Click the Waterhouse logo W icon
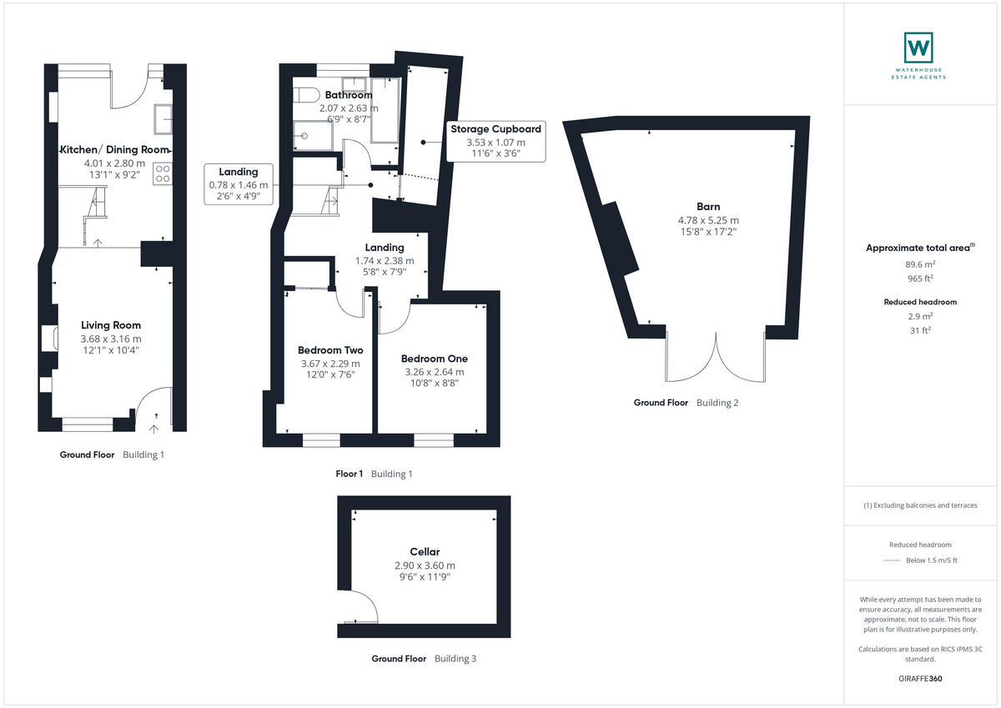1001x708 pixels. coord(918,47)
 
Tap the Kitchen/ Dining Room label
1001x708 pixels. coord(113,150)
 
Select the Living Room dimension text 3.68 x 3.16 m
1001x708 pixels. coord(111,339)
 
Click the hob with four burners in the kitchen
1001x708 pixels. coord(162,173)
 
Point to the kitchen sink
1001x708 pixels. coord(162,120)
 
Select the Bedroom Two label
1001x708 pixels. coord(330,350)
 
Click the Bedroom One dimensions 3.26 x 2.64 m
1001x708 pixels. coord(434,372)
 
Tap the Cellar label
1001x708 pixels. coord(425,552)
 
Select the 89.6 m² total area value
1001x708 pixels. coord(919,264)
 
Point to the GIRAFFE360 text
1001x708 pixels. coord(919,679)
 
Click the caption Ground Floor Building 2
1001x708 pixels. coord(686,403)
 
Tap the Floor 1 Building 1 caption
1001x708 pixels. coord(374,475)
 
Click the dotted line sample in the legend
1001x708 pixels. coord(892,560)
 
